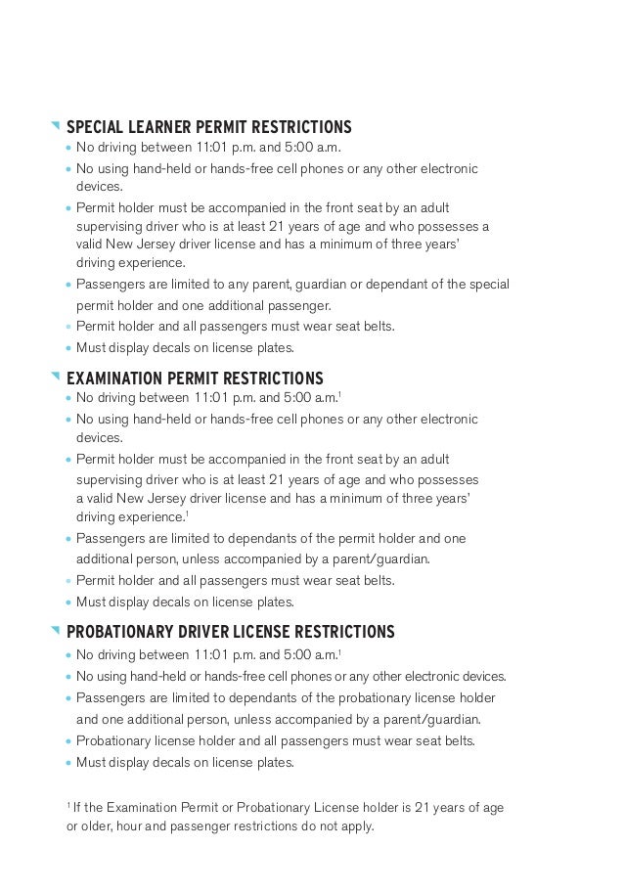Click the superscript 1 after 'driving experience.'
(187, 513)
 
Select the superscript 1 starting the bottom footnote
(67, 804)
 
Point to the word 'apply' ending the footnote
(356, 825)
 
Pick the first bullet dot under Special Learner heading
(67, 150)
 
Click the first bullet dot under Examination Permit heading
(67, 400)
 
